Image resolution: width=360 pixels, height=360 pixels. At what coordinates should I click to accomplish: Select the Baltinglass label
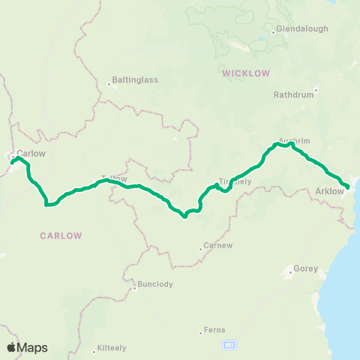pos(131,78)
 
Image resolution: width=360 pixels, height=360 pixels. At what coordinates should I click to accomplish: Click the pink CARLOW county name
pos(61,235)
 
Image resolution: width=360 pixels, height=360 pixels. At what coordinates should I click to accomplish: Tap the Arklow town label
pos(330,191)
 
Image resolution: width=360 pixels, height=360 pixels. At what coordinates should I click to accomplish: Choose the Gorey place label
pos(306,268)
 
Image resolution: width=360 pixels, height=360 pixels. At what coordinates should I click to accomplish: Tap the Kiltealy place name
pos(113,349)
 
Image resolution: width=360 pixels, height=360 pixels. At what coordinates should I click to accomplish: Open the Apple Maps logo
pos(27,347)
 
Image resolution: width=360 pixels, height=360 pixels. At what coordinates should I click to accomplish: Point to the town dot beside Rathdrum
pos(316,90)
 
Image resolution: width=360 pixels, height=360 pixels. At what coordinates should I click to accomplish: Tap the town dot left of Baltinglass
pos(109,84)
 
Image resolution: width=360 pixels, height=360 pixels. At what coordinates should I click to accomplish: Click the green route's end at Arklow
pos(347,187)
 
